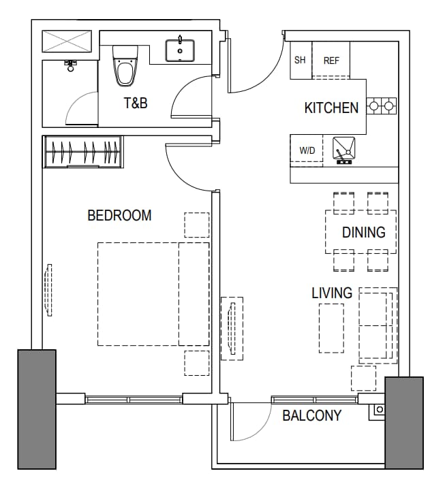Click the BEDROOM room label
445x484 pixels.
click(119, 216)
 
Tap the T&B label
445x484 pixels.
click(136, 103)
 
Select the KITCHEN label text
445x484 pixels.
click(331, 108)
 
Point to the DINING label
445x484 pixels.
click(364, 232)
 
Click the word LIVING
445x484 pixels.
click(332, 293)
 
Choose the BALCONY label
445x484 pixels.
click(312, 415)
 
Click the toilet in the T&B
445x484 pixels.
click(125, 66)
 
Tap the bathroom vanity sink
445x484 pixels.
click(180, 50)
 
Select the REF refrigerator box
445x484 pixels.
click(331, 60)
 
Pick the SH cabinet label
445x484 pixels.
click(300, 60)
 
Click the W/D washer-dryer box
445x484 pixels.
click(307, 150)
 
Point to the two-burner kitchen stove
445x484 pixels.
click(382, 106)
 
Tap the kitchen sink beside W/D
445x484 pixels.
click(343, 150)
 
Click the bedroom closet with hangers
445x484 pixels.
click(83, 152)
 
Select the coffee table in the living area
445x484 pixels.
click(331, 328)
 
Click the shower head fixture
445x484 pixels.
click(71, 65)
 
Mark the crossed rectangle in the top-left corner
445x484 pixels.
click(67, 41)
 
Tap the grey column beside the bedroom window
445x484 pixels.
click(37, 409)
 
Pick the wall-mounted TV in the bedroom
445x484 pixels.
click(48, 290)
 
